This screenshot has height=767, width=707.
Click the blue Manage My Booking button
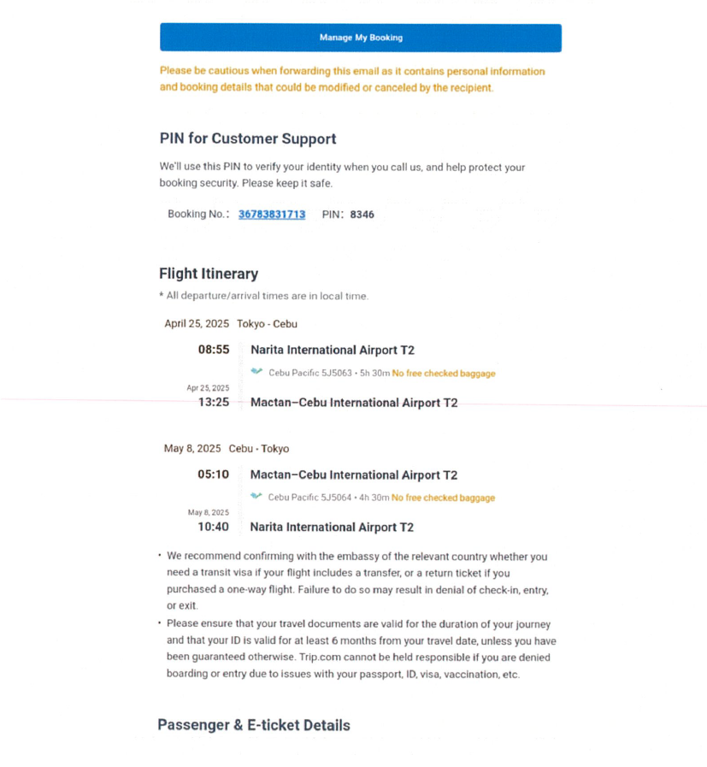tap(360, 38)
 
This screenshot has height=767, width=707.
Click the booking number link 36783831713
tap(271, 215)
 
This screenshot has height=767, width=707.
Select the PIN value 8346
tap(362, 215)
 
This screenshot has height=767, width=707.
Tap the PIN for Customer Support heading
tap(247, 139)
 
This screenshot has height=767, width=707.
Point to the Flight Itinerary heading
tap(208, 274)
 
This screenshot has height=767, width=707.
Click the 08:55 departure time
tap(214, 350)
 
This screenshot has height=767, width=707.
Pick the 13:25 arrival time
tap(214, 402)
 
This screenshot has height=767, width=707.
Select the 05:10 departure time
tap(214, 475)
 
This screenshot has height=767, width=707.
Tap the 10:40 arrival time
tap(214, 527)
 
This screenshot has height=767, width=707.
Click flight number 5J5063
tap(336, 374)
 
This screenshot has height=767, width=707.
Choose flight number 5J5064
tap(335, 498)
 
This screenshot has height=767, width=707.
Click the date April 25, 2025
tap(197, 324)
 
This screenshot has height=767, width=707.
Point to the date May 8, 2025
tap(192, 449)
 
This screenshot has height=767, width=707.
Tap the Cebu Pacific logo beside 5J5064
tap(256, 497)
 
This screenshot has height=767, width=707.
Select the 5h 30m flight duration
tap(375, 374)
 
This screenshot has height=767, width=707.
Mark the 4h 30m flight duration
tap(374, 498)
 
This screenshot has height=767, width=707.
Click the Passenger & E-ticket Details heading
tap(253, 725)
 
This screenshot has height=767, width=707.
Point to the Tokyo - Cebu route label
tap(267, 324)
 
